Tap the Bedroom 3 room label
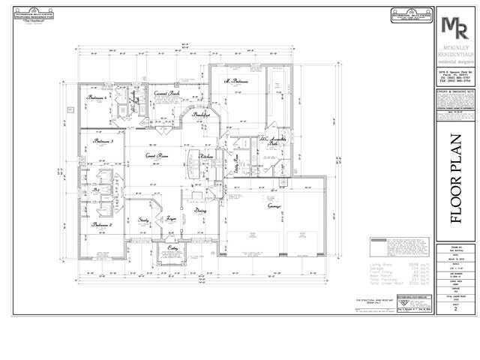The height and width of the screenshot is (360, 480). point(103,141)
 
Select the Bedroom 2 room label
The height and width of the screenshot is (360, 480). point(102,225)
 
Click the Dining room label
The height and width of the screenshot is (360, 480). point(200,211)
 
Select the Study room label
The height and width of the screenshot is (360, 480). point(145,220)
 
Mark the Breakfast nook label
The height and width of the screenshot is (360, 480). point(201,116)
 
